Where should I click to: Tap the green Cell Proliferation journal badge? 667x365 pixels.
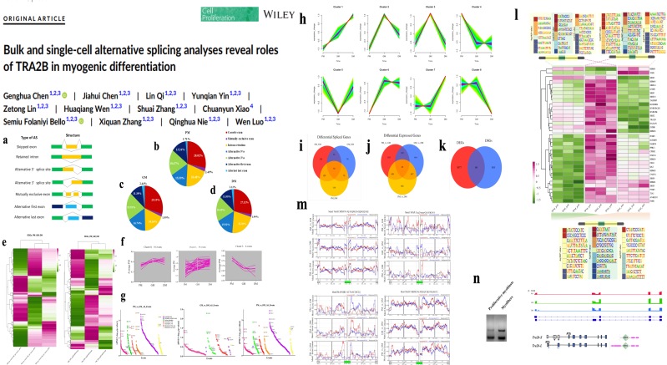216,13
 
